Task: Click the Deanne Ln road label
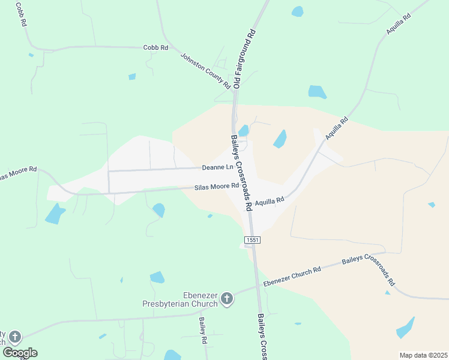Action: pos(217,167)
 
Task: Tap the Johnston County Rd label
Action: pos(206,71)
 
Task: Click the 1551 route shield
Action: pos(252,239)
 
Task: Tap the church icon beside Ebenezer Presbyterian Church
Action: pos(226,299)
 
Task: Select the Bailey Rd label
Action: pos(203,331)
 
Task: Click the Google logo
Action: pos(20,352)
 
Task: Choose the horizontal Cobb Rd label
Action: pos(155,47)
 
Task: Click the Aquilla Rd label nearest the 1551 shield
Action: pos(268,202)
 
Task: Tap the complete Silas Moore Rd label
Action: pos(212,187)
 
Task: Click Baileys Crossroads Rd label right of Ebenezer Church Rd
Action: pos(369,271)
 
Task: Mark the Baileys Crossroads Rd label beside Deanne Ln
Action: pos(240,172)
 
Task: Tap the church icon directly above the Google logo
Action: pos(15,337)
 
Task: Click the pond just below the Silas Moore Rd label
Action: pos(158,209)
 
